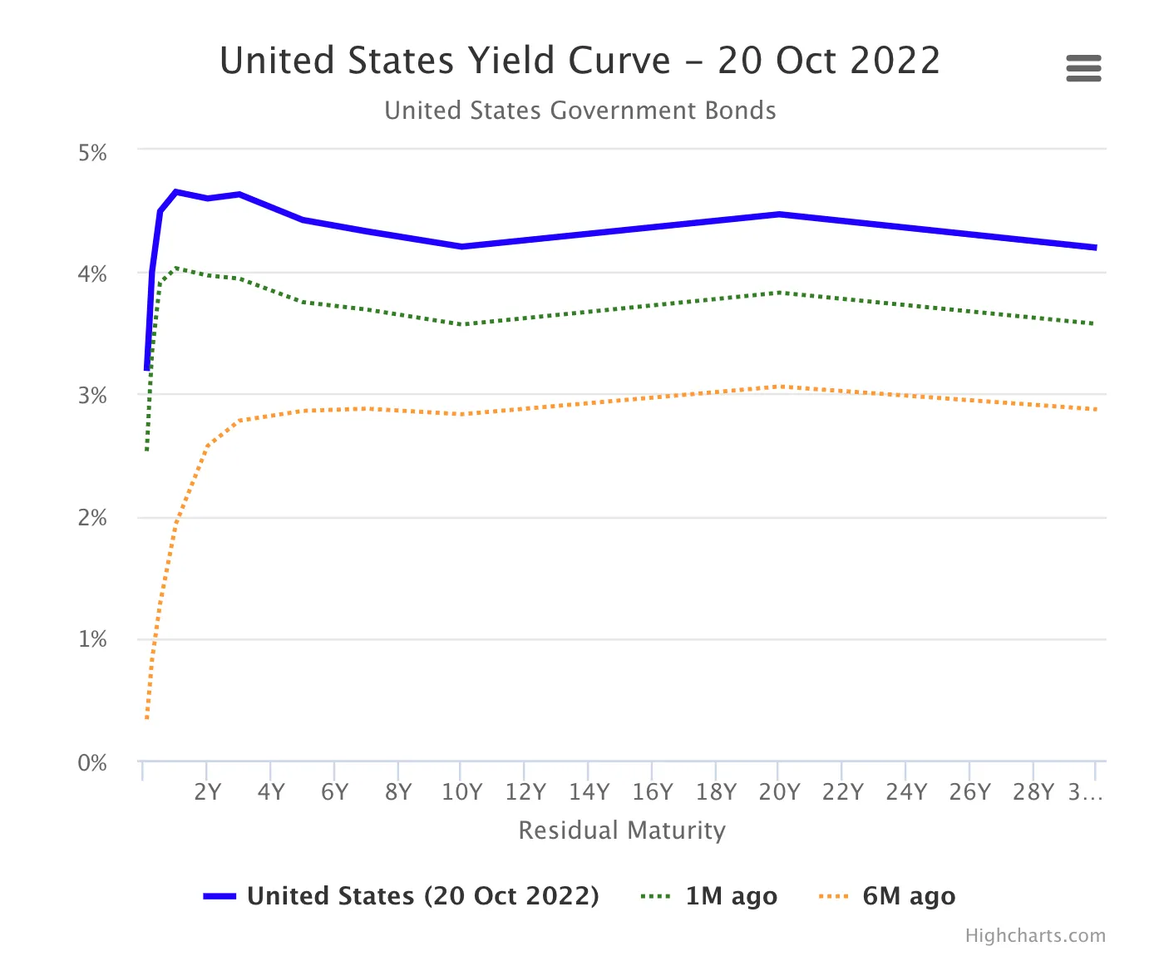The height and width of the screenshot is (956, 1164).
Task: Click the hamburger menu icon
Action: (x=1083, y=68)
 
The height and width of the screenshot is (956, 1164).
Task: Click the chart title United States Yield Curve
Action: (x=580, y=61)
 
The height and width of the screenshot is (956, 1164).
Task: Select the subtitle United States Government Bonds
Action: (x=580, y=111)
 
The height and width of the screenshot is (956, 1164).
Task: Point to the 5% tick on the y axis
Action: (x=93, y=153)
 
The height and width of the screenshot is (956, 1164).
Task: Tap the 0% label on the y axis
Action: (x=93, y=763)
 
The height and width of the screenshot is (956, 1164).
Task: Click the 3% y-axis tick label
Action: (x=93, y=396)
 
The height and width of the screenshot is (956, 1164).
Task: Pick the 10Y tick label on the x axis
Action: (x=461, y=792)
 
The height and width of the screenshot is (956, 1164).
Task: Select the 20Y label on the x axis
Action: (x=779, y=792)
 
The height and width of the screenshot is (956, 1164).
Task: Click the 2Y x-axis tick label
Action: (x=208, y=792)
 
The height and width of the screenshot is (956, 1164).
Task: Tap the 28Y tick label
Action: (x=1033, y=792)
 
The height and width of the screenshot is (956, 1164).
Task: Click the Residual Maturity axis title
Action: (x=622, y=830)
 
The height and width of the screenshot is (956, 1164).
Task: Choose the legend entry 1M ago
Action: (x=731, y=896)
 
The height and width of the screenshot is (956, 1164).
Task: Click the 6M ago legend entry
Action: (x=909, y=896)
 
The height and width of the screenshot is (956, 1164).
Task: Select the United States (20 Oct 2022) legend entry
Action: (x=422, y=896)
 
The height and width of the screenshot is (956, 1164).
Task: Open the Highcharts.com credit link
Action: (x=1035, y=936)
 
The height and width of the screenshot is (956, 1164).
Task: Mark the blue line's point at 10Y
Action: (x=461, y=247)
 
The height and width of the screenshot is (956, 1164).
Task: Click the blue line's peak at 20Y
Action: (x=779, y=214)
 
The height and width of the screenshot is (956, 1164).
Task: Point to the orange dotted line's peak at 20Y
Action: (x=779, y=387)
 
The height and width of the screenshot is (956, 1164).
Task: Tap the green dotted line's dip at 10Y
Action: (x=461, y=324)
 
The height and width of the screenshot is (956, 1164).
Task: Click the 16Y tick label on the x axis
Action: (x=653, y=792)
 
